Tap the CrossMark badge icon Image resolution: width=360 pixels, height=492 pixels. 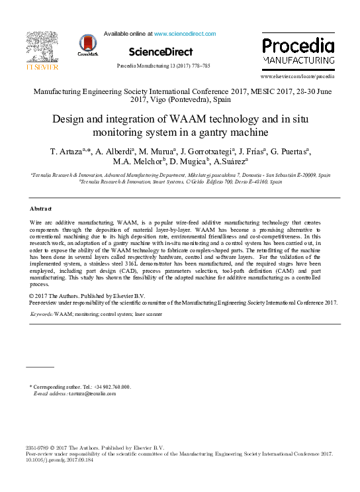pos(87,44)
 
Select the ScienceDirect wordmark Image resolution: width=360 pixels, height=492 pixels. pos(161,52)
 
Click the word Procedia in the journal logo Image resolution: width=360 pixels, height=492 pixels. pos(298,46)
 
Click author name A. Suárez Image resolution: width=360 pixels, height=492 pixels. pos(230,163)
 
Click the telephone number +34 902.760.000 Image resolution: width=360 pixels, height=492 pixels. pos(109,387)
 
